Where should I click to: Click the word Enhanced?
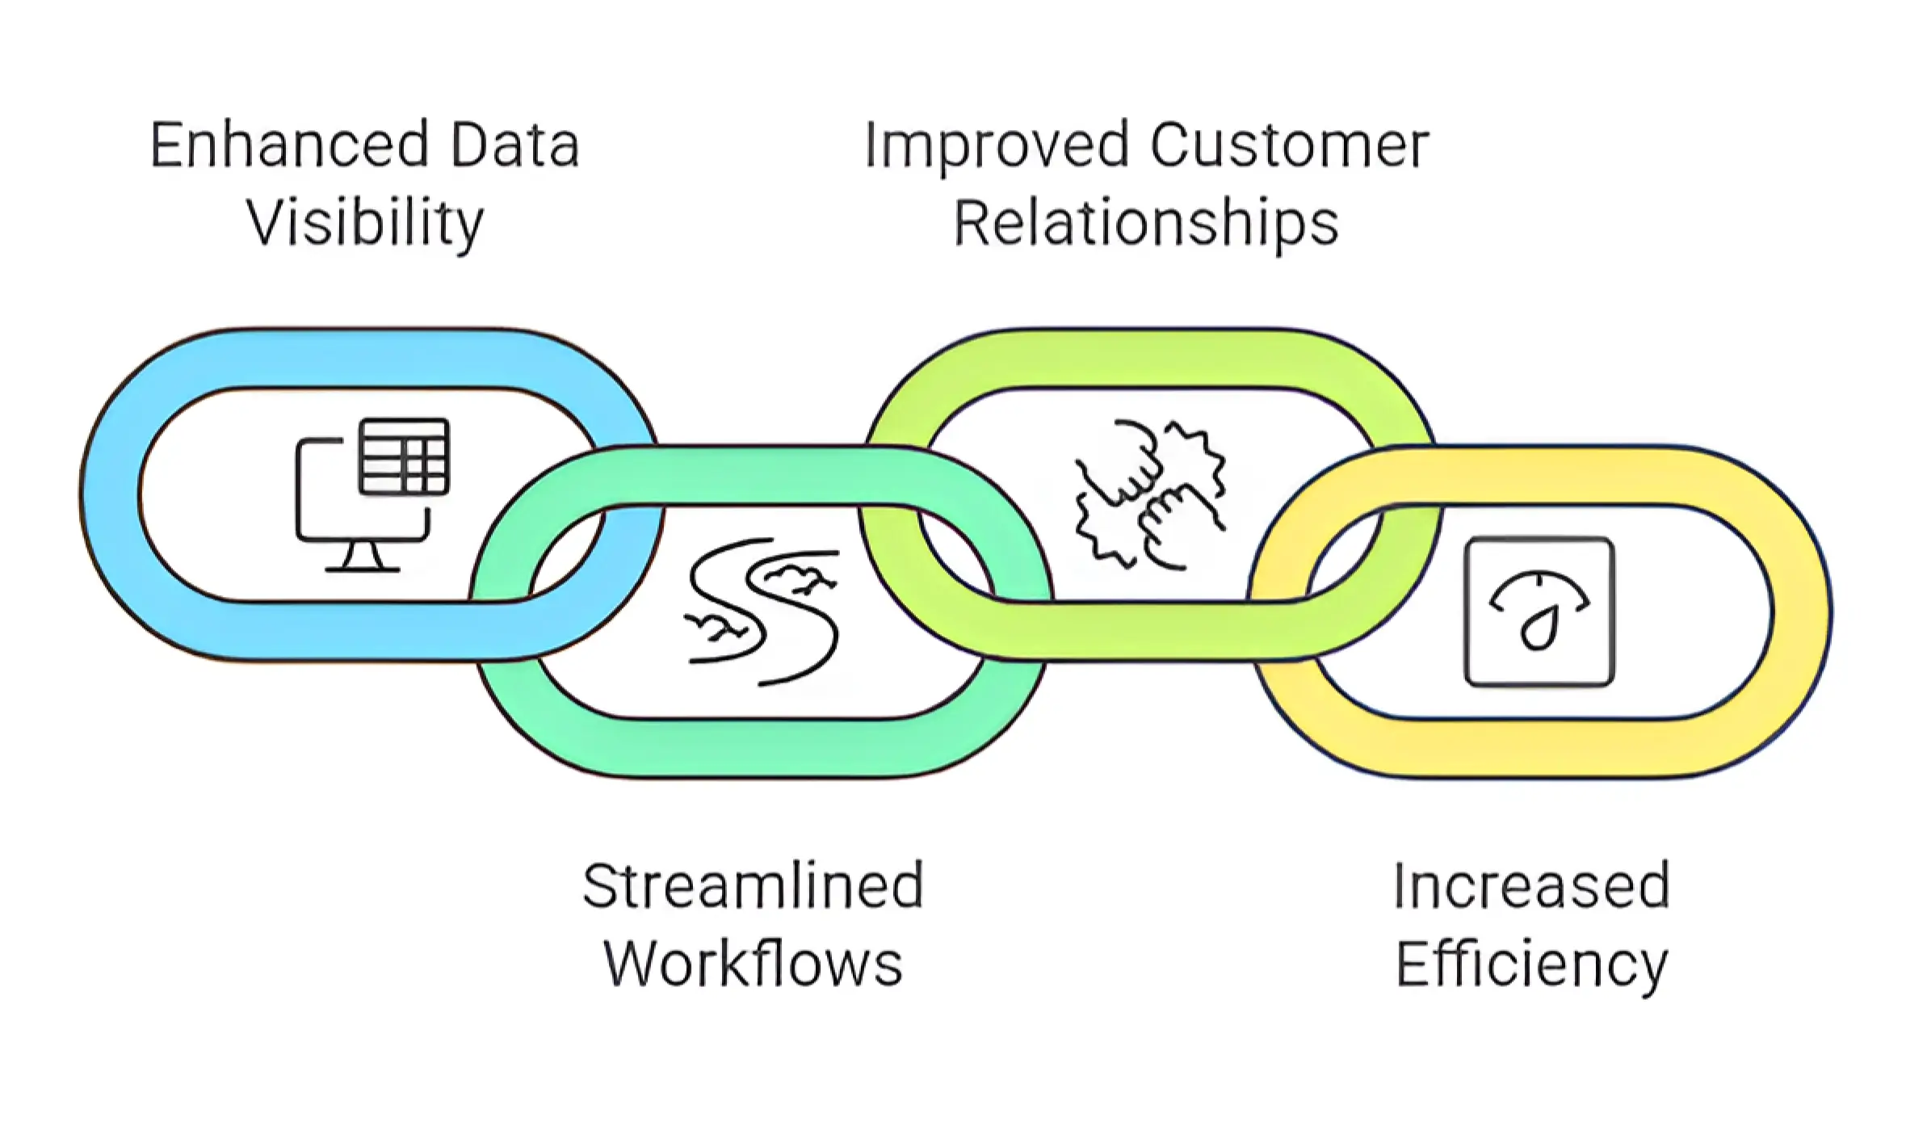tap(288, 145)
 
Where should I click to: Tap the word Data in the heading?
tap(514, 145)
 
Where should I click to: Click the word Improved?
tap(996, 146)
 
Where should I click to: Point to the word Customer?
tap(1289, 145)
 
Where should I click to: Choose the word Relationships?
tap(1146, 223)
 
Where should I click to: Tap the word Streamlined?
tap(753, 886)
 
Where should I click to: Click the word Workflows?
tap(753, 964)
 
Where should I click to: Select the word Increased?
tap(1531, 886)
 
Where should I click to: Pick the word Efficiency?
tap(1531, 965)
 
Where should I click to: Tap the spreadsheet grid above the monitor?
tap(404, 456)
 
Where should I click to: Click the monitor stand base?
tap(362, 569)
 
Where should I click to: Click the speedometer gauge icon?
tap(1539, 611)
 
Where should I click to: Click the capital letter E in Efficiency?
tap(1411, 964)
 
